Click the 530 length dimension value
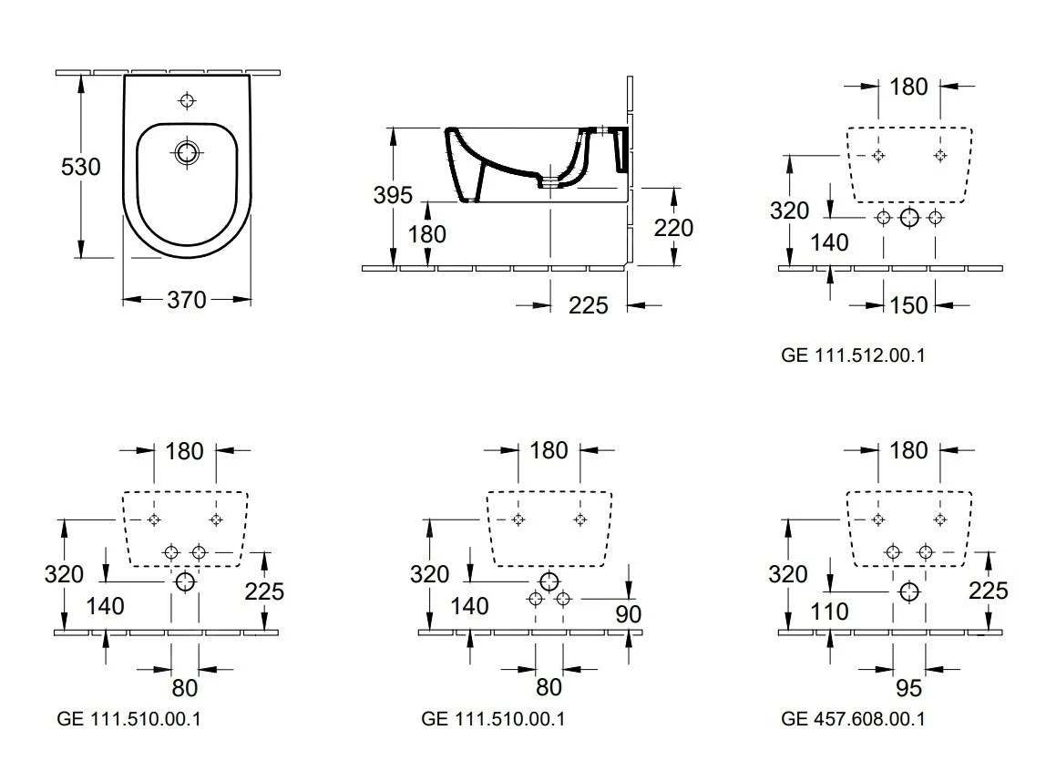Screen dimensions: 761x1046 (81, 168)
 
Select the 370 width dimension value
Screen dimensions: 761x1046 (186, 300)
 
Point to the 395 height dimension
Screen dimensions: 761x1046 (392, 195)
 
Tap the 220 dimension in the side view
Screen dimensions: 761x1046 (673, 227)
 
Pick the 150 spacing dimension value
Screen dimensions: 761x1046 (908, 304)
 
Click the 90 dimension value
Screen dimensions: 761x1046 (629, 614)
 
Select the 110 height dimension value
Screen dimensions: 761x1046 (830, 610)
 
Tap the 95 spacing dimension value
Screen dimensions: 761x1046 (908, 685)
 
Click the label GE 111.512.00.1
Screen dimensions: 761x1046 (853, 355)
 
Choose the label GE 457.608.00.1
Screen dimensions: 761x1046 (853, 719)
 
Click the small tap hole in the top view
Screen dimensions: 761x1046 (187, 100)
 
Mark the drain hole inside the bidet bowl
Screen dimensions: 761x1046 (187, 152)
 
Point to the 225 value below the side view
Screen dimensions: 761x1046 (588, 305)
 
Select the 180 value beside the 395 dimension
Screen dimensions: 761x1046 (426, 234)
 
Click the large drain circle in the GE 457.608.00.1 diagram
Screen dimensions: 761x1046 (908, 591)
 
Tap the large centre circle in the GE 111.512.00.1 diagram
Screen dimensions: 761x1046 (909, 217)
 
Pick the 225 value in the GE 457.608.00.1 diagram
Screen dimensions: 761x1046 (988, 591)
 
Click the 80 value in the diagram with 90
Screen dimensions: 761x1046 (549, 685)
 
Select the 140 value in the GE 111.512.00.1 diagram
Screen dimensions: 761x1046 (830, 242)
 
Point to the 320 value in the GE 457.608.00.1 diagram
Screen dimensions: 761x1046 (789, 574)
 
